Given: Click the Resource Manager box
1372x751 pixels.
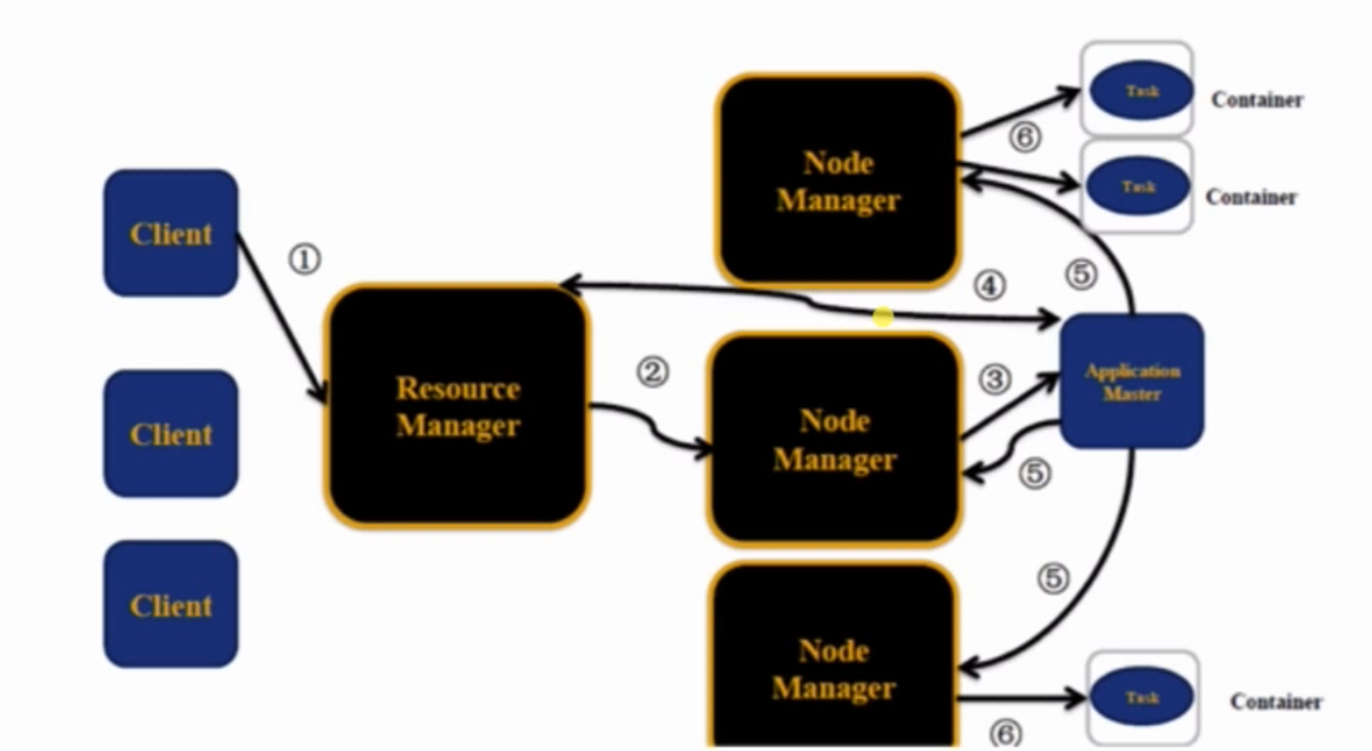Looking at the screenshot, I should tap(457, 406).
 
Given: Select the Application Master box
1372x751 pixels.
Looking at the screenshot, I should tap(1132, 381).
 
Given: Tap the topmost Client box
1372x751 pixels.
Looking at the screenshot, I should tap(171, 233).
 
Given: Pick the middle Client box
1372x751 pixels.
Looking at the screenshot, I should tap(171, 433).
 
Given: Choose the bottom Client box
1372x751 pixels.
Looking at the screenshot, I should tap(171, 605).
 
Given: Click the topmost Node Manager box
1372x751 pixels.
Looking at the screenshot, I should tap(838, 180).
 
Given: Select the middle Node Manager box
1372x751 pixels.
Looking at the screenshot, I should tap(835, 439).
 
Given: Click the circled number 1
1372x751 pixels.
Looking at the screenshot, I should tap(305, 260).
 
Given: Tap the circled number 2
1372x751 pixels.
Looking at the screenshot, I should tap(652, 373).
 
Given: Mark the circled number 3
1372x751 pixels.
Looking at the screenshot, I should tap(995, 379).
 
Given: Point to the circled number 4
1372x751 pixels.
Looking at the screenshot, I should tap(989, 285).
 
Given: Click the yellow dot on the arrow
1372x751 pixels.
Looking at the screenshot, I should tap(883, 318).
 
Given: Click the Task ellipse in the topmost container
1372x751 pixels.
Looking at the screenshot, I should tap(1142, 91).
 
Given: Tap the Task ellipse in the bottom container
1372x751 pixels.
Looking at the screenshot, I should tap(1142, 698).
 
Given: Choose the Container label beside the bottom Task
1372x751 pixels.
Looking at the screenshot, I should tap(1276, 702).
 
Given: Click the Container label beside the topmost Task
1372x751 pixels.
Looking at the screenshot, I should tap(1256, 100).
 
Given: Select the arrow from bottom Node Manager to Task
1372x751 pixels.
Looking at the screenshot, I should tap(1021, 697).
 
